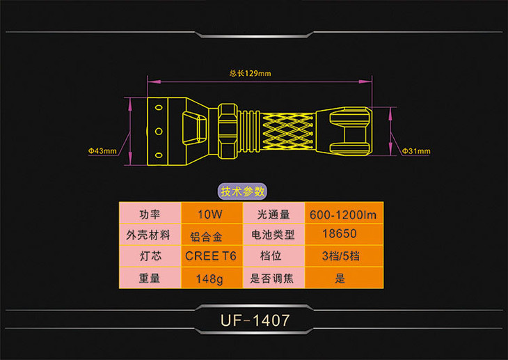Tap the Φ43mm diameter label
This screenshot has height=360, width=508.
102,150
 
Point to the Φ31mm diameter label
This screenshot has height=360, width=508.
417,150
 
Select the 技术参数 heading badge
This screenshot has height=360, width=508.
242,191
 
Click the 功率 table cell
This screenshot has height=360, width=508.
150,214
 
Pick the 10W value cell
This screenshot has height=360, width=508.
210,214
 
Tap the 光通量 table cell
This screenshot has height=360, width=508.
273,214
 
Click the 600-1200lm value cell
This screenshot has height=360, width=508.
345,214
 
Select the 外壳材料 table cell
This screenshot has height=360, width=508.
150,235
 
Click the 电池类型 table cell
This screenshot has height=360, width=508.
273,235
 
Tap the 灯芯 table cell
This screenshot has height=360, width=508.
150,256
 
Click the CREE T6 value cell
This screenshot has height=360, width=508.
211,256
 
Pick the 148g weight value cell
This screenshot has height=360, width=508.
210,279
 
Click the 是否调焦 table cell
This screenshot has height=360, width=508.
273,279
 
